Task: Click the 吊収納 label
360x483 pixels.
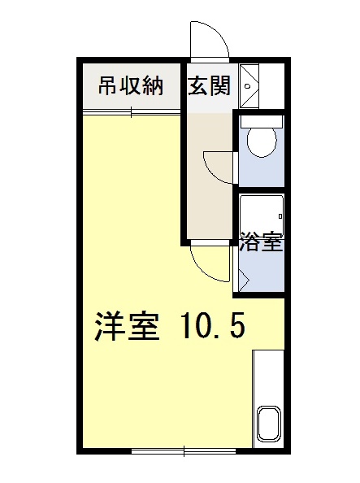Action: tap(131, 86)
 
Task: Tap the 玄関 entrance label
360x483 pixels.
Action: tap(210, 86)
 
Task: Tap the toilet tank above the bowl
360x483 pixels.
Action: tap(261, 120)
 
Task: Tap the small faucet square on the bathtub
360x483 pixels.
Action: tap(280, 216)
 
